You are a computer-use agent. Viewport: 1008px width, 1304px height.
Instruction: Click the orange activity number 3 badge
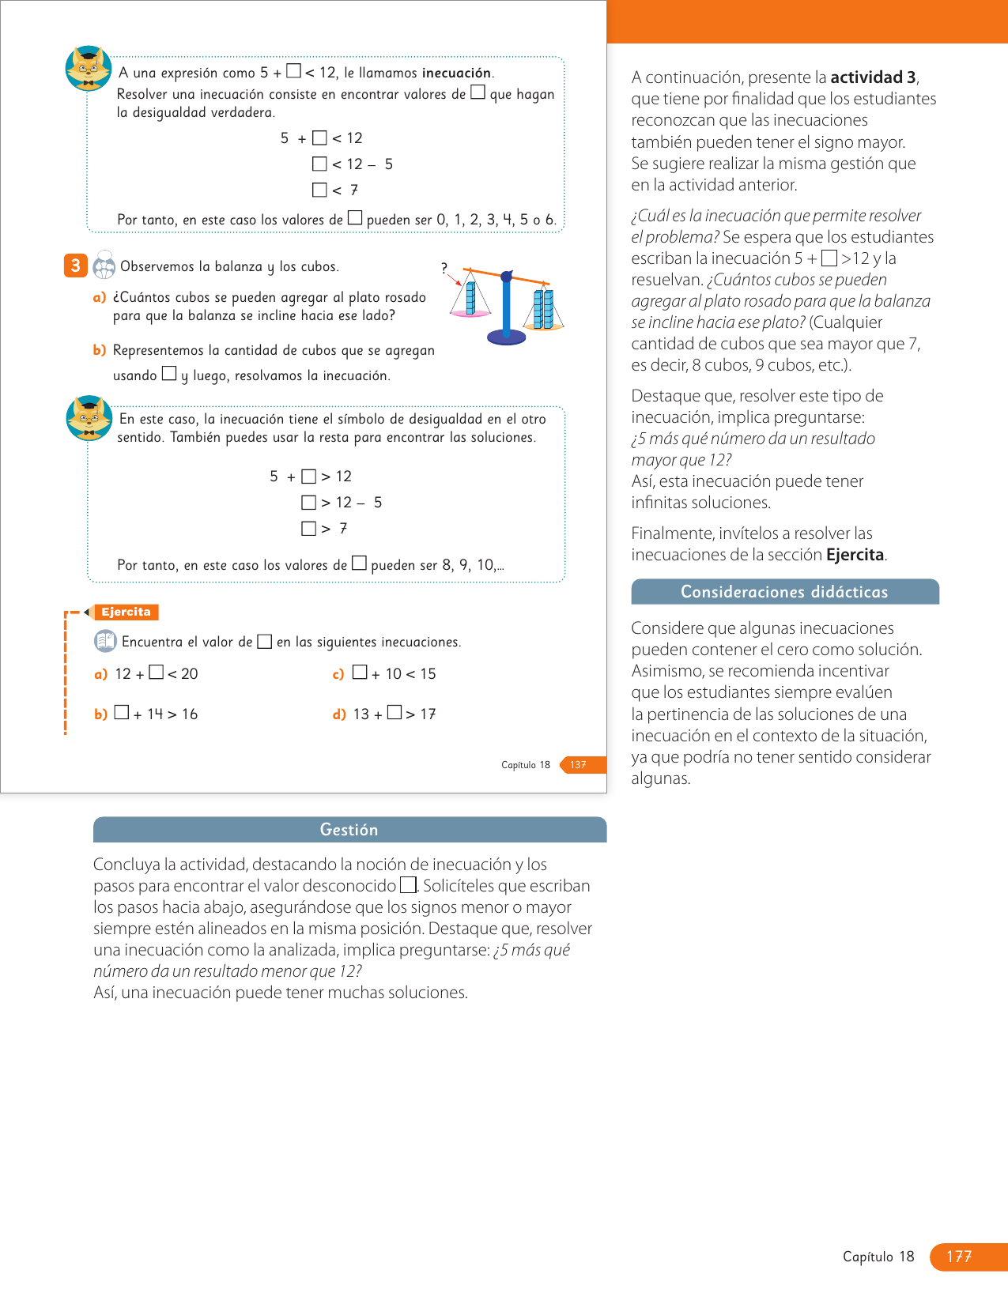click(x=75, y=266)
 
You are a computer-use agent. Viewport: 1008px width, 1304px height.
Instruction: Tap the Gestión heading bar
click(x=349, y=830)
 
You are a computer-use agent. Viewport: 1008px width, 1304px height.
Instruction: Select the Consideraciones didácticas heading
click(x=784, y=592)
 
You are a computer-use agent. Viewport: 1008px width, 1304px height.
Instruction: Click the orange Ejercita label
click(x=126, y=612)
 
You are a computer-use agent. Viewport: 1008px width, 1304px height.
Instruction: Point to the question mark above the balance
click(x=444, y=268)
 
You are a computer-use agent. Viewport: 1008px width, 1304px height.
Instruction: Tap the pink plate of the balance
click(x=470, y=314)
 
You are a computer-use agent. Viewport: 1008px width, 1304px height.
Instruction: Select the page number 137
click(x=579, y=765)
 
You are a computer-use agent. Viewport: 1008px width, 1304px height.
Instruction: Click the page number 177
click(x=959, y=1257)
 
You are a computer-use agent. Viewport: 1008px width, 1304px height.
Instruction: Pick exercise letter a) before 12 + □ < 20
click(x=100, y=674)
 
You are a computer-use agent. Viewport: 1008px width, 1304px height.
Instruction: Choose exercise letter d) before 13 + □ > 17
click(x=339, y=714)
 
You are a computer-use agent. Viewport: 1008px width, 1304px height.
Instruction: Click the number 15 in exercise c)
click(x=428, y=674)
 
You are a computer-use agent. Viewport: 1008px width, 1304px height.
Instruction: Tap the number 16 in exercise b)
click(x=190, y=714)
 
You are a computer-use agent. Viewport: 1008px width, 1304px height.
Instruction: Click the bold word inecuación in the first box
click(x=456, y=73)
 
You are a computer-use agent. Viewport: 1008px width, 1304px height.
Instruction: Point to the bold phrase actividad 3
click(x=873, y=77)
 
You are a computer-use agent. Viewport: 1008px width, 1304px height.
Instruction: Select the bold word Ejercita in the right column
click(x=855, y=555)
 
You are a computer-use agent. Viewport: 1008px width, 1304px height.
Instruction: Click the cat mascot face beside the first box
click(x=88, y=68)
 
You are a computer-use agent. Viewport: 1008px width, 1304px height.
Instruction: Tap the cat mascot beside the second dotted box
click(x=89, y=418)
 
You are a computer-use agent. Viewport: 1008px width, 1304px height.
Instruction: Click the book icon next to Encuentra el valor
click(x=105, y=641)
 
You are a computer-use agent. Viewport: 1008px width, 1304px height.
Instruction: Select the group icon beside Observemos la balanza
click(x=104, y=266)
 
